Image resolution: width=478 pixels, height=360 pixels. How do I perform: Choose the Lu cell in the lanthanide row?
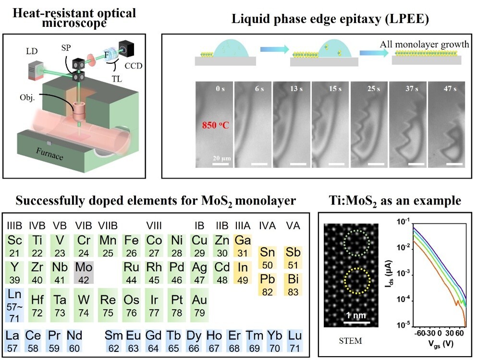pyautogui.click(x=293, y=340)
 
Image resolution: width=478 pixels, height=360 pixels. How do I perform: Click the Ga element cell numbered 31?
pyautogui.click(x=243, y=244)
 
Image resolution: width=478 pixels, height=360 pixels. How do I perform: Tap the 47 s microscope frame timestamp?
pyautogui.click(x=448, y=89)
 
